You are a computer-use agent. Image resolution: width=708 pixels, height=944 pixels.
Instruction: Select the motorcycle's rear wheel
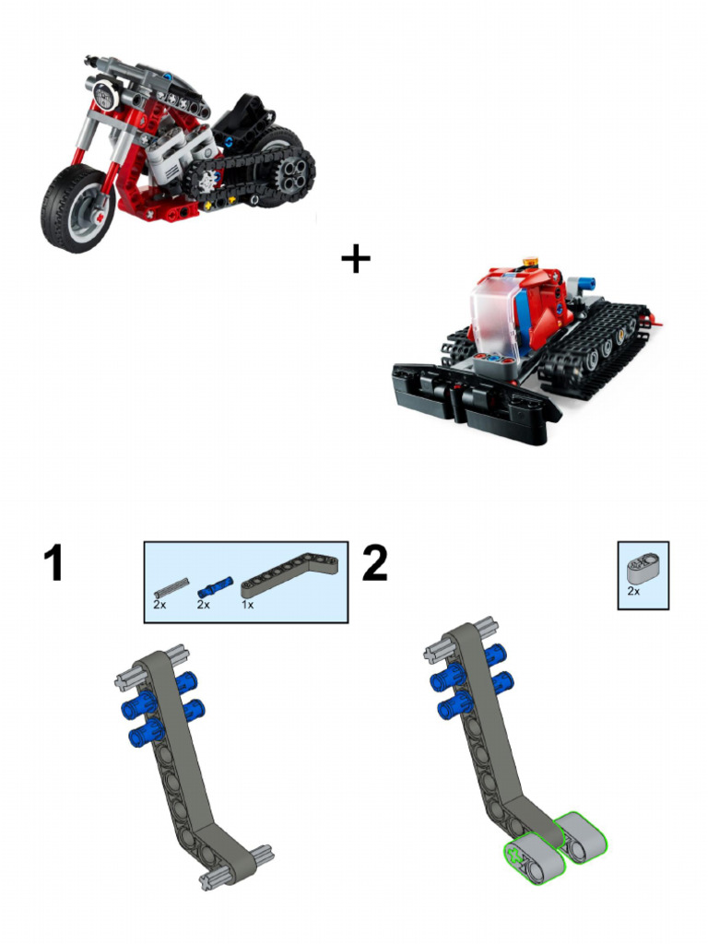tap(283, 166)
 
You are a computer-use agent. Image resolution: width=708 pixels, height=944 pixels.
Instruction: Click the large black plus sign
tap(356, 259)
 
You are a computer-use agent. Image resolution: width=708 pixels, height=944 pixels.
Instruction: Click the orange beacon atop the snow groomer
tap(531, 262)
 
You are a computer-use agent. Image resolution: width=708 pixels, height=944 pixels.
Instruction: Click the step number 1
tap(54, 562)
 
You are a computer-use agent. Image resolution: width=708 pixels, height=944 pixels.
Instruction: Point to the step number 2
tap(374, 562)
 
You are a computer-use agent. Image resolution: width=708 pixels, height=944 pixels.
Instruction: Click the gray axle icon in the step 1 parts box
tap(171, 586)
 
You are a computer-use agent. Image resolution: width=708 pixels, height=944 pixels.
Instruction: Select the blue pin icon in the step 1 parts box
tap(215, 586)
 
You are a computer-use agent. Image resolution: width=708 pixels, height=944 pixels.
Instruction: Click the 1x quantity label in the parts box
tap(247, 604)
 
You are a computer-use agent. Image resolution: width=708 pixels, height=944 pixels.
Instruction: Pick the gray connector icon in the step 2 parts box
tap(643, 566)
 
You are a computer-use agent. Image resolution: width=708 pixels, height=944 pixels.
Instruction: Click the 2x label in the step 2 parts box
tap(633, 591)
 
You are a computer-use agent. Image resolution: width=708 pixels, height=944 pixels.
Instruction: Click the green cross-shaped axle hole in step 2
tap(513, 854)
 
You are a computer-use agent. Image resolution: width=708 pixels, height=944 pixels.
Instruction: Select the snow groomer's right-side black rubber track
tap(593, 349)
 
